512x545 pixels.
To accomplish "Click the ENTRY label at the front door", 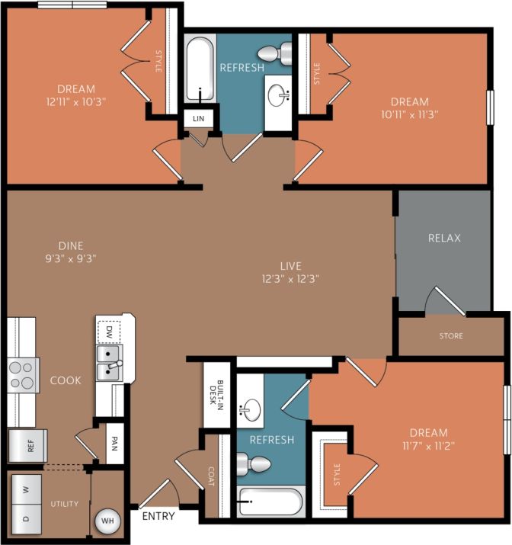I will [x=158, y=516].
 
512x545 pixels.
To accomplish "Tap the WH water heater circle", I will [x=106, y=521].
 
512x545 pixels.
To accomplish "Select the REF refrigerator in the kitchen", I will [x=28, y=446].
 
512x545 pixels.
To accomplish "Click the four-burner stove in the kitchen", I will [x=23, y=374].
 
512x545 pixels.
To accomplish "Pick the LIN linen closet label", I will [x=199, y=118].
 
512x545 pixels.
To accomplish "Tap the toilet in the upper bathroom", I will [x=272, y=53].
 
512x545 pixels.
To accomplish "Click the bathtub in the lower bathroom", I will [x=270, y=502].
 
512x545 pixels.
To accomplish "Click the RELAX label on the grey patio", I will [x=444, y=238].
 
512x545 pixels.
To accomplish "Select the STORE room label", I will [x=450, y=335].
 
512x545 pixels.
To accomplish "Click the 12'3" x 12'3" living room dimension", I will [x=290, y=278].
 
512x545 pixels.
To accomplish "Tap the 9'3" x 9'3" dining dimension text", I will [x=70, y=258].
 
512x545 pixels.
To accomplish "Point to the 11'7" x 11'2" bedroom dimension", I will [x=427, y=445].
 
